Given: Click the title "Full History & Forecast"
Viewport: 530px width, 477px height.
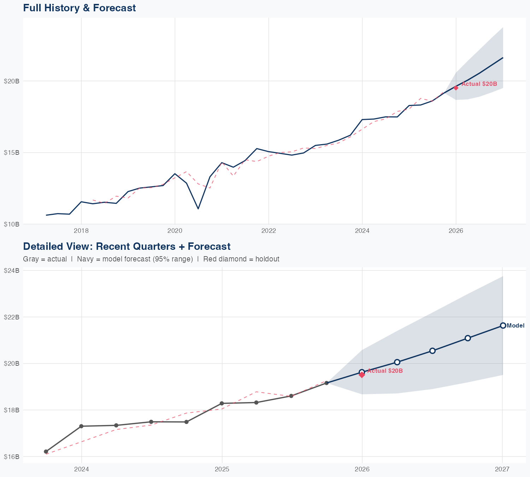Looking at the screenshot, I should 79,8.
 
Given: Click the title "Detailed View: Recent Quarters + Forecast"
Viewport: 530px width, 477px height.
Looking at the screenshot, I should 126,246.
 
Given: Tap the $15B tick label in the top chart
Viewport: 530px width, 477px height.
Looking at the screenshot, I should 11,153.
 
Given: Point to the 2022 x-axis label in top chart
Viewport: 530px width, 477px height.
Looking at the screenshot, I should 269,231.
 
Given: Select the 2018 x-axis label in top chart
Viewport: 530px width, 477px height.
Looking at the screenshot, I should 81,231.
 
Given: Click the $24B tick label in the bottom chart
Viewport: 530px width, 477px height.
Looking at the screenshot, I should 11,270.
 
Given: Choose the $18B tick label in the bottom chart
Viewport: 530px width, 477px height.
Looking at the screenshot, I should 11,410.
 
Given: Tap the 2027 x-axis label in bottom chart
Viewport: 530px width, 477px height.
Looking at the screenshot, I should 502,469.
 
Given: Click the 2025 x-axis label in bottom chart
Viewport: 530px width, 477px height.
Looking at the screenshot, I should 222,469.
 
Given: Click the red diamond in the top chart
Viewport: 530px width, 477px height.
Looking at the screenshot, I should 456,88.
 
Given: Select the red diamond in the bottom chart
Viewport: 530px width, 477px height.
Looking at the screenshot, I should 362,375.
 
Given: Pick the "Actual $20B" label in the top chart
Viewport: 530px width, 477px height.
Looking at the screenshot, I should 479,84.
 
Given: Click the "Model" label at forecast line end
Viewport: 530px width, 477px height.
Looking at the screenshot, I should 516,326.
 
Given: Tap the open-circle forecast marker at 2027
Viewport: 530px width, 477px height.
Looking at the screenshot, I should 502,325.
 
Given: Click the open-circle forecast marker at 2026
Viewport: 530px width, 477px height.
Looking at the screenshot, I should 362,372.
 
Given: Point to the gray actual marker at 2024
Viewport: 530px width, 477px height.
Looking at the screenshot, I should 81,426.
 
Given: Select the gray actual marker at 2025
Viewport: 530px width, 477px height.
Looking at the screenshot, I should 222,403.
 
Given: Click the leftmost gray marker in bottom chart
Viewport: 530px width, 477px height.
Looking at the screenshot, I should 46,452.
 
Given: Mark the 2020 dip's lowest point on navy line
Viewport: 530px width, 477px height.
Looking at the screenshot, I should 198,209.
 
